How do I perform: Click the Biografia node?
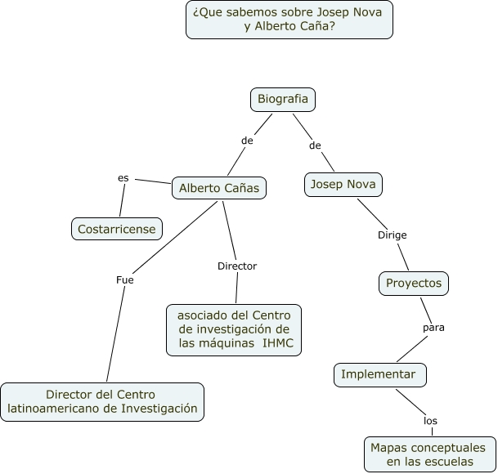click(283, 99)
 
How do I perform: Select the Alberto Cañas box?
click(218, 188)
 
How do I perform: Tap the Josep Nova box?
click(343, 184)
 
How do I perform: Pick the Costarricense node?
click(116, 229)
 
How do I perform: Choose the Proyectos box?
click(414, 283)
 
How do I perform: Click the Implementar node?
click(379, 374)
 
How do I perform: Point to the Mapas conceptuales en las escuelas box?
click(428, 455)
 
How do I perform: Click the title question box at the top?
click(289, 19)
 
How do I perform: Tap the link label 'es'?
click(123, 177)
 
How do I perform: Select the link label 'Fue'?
click(125, 279)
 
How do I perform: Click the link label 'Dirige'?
click(392, 235)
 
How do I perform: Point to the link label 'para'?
click(433, 328)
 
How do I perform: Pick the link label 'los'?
click(430, 421)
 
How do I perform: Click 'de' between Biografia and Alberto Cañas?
click(247, 141)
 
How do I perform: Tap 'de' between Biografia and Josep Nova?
click(315, 145)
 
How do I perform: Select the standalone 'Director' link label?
click(237, 266)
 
